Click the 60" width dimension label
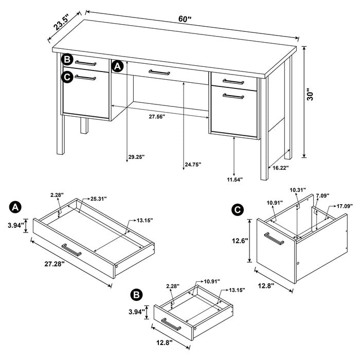[x=185, y=19]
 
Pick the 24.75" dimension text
[x=192, y=165]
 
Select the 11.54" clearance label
[x=234, y=179]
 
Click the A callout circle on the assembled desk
[x=117, y=66]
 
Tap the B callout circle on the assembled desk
[x=67, y=60]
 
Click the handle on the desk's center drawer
[x=159, y=73]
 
